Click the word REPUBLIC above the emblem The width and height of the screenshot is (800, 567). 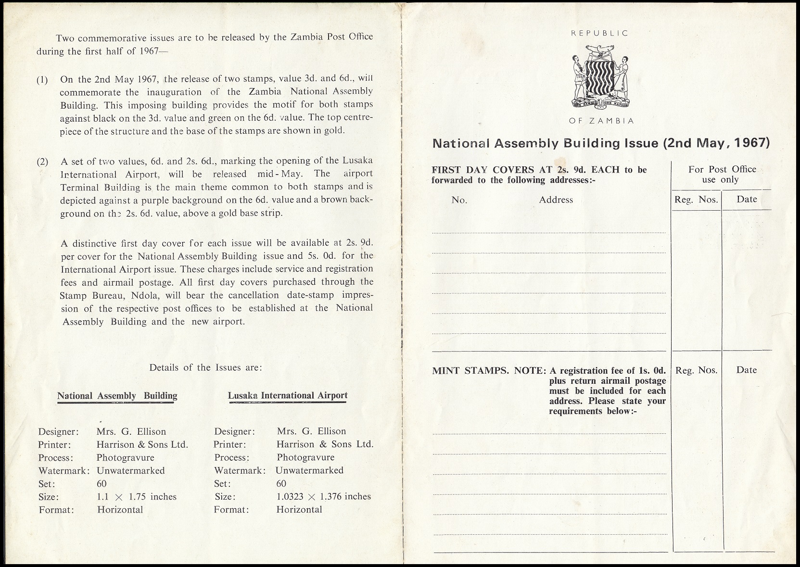click(x=599, y=33)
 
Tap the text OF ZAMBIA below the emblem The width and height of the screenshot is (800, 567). click(x=601, y=121)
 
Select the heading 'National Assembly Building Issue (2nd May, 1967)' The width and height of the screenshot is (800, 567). click(x=601, y=143)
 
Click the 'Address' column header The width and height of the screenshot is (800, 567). click(x=556, y=200)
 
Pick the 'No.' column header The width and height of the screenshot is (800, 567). click(x=459, y=200)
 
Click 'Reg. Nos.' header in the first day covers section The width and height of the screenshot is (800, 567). click(x=696, y=200)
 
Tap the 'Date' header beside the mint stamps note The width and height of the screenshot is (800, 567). click(x=747, y=370)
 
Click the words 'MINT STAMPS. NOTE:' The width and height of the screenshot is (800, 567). click(x=489, y=371)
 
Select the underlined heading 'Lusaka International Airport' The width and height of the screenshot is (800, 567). click(x=288, y=395)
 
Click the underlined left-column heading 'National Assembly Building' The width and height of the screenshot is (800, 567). click(x=117, y=396)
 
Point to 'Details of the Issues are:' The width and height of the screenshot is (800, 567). click(x=205, y=367)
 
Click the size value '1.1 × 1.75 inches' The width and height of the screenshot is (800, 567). click(x=137, y=497)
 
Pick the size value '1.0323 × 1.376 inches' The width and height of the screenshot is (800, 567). click(x=323, y=496)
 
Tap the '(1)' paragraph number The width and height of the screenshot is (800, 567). click(x=42, y=80)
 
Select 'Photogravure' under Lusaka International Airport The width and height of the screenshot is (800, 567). click(x=305, y=457)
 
